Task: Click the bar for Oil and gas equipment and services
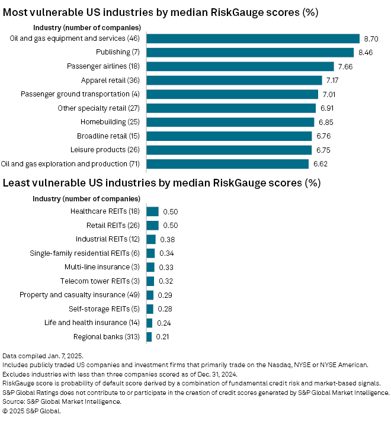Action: pos(253,38)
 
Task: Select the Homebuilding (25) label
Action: pos(110,122)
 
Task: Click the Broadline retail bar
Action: pos(229,136)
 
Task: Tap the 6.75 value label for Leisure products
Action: pos(325,150)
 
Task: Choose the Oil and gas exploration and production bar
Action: pos(227,163)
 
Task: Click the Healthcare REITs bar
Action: pos(152,211)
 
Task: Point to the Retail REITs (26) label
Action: pos(108,225)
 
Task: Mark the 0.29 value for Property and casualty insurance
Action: pos(164,295)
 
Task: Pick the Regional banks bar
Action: pos(149,336)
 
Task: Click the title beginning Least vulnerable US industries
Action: pos(161,183)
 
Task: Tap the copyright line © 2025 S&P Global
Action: pos(32,411)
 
